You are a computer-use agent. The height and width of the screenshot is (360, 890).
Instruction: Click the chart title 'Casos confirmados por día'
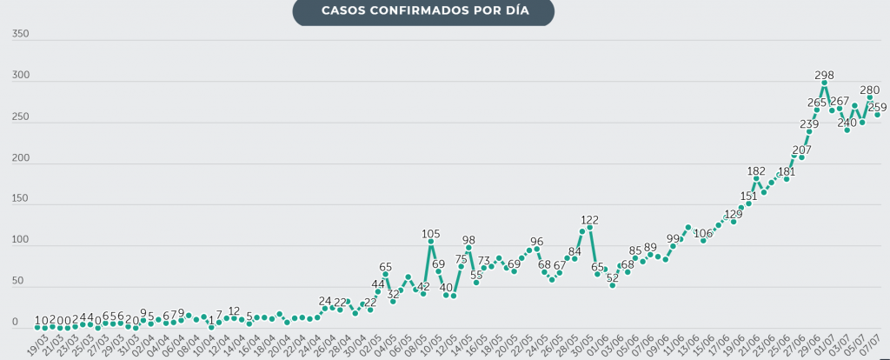[423, 11]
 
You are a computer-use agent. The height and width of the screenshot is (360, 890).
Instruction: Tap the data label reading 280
[869, 90]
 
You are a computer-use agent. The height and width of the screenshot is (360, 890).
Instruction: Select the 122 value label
[589, 220]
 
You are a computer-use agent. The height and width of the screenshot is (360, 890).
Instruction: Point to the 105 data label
[430, 234]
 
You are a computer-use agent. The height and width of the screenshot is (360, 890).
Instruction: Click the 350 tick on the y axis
[21, 35]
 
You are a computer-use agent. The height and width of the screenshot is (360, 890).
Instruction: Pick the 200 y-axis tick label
[21, 159]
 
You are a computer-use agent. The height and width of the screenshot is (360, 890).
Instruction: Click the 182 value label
[756, 171]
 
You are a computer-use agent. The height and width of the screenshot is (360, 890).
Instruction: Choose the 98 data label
[468, 240]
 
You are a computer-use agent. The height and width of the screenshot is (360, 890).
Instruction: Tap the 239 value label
[809, 123]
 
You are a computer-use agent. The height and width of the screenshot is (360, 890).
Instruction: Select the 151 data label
[748, 197]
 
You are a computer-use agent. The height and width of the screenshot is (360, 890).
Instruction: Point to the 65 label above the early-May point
[385, 267]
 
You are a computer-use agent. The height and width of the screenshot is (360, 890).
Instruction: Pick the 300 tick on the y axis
[21, 77]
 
